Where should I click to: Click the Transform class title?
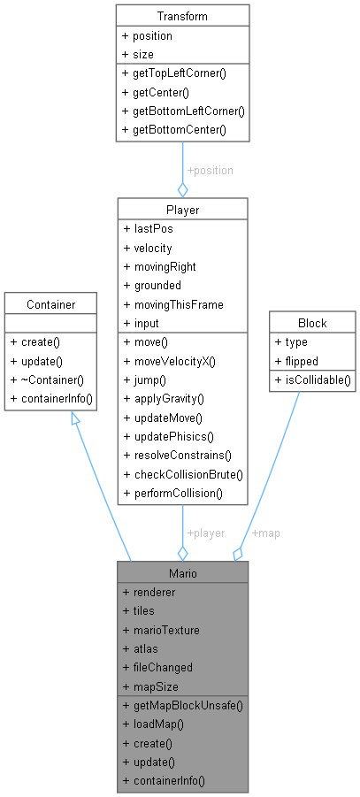point(182,16)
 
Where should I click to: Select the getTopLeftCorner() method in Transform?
point(174,74)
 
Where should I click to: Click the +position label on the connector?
point(209,170)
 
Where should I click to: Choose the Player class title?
point(182,210)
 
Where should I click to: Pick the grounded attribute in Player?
point(154,286)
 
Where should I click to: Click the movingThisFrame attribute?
point(172,304)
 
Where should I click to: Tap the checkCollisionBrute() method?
point(183,474)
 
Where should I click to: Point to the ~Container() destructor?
point(52,380)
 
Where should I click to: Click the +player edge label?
point(205,533)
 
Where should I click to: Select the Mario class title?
point(182,572)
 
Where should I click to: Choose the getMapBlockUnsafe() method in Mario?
point(182,705)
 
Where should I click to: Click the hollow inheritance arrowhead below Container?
point(75,425)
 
